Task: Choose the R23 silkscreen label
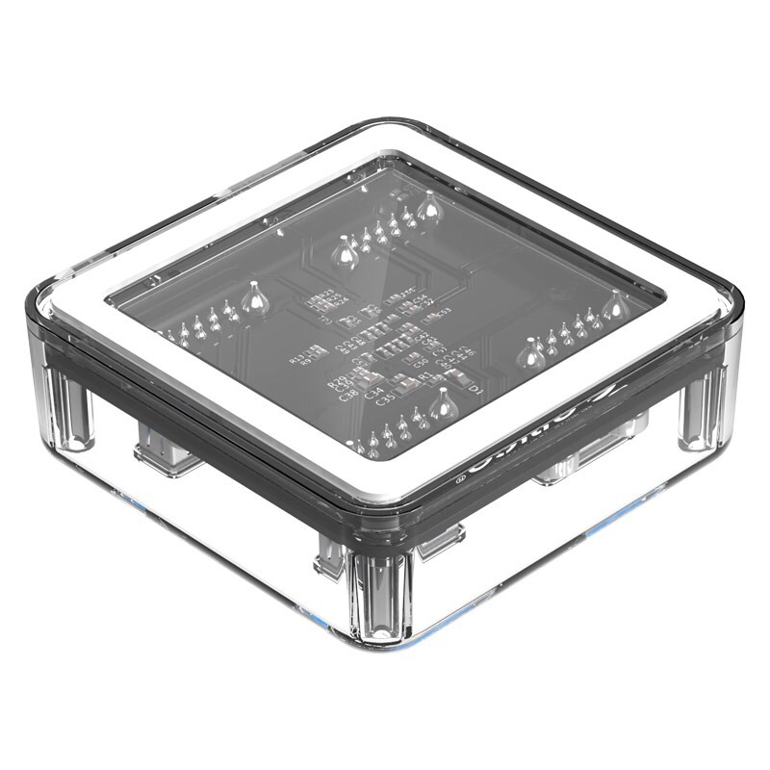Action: point(328,292)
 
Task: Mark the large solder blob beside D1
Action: point(443,404)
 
